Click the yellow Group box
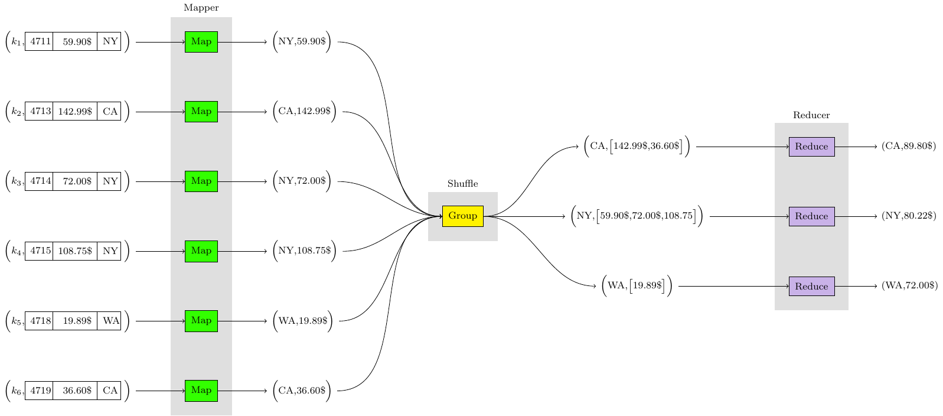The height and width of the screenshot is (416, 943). point(462,216)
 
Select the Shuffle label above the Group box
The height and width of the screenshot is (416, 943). point(462,184)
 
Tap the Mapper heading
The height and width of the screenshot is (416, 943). point(201,8)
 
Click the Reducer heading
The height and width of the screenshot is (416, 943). point(811,115)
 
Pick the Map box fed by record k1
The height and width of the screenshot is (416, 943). point(201,42)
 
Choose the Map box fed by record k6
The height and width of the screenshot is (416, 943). point(201,391)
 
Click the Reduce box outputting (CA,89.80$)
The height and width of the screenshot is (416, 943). point(811,147)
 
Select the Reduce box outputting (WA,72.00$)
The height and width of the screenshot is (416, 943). point(811,287)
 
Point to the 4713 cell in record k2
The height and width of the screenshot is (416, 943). point(40,112)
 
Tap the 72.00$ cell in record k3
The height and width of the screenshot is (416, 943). point(75,181)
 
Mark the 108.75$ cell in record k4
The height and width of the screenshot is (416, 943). point(75,251)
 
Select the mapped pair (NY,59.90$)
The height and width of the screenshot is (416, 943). point(302,42)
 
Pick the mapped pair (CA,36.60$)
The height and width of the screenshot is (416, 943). point(302,391)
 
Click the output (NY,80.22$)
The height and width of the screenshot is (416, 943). point(909,216)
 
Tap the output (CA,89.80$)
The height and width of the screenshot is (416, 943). point(909,147)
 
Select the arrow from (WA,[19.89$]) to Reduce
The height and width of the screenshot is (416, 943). point(732,287)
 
